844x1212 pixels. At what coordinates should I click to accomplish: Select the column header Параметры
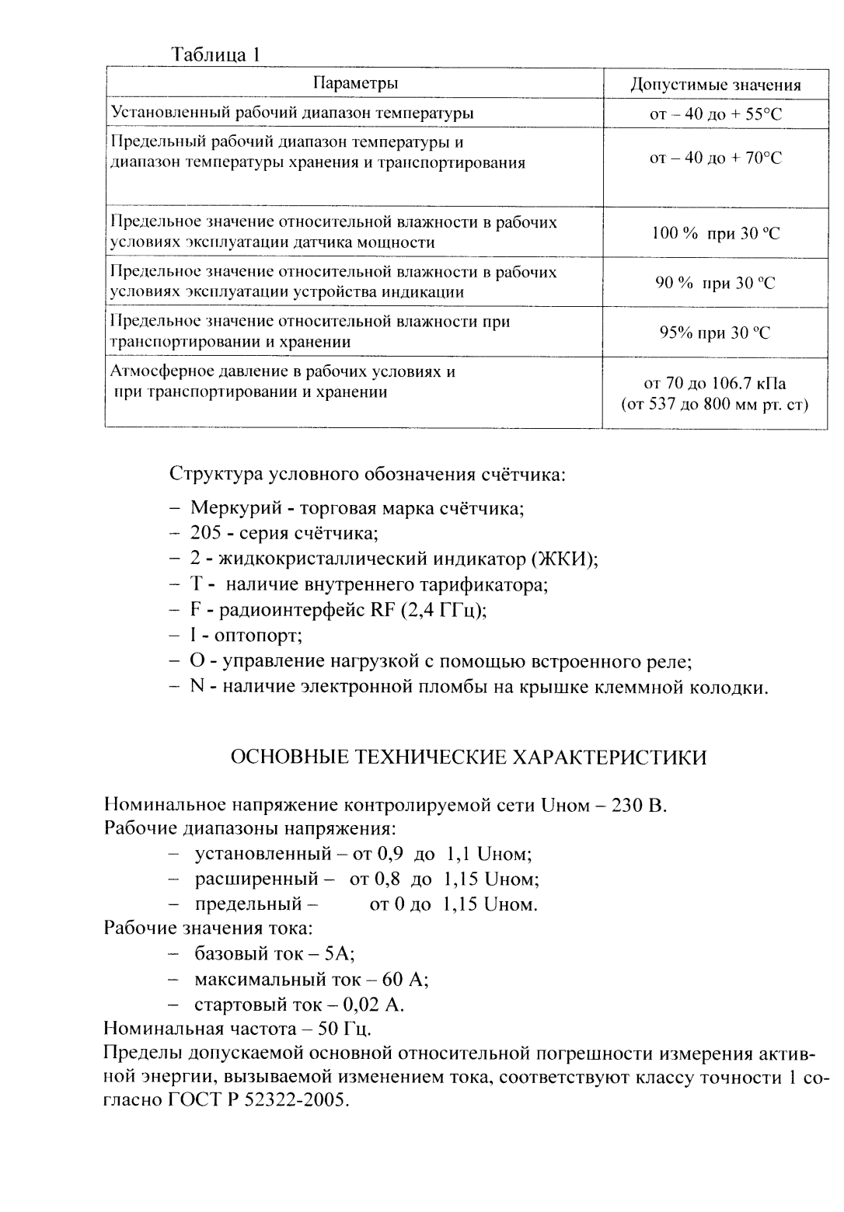356,83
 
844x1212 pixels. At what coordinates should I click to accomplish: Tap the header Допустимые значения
715,85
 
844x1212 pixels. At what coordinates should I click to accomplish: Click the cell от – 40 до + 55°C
715,114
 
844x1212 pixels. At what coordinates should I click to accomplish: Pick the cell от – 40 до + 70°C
715,158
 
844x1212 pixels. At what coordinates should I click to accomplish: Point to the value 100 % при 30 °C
715,233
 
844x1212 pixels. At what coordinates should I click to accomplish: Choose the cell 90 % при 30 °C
715,283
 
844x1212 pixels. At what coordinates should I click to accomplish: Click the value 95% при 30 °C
715,333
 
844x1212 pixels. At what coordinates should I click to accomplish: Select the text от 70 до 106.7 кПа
715,384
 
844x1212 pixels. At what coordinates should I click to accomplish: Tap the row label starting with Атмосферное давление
283,372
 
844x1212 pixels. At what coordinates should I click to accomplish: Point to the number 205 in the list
205,535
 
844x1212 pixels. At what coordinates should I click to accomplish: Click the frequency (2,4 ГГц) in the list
444,611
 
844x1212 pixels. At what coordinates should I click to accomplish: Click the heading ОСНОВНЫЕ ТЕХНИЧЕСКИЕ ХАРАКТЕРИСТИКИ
469,757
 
